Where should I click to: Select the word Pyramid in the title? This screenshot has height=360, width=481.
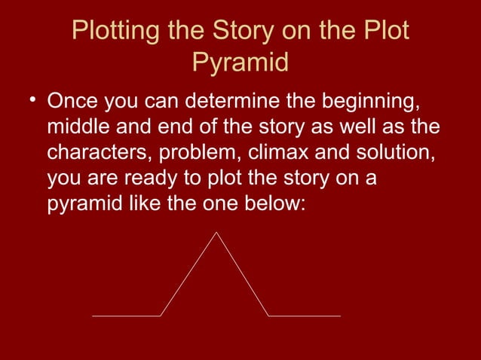(x=240, y=63)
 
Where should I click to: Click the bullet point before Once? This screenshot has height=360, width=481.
(x=32, y=101)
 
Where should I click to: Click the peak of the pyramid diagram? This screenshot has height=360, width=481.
(x=216, y=233)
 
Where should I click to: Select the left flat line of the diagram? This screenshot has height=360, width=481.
(x=126, y=316)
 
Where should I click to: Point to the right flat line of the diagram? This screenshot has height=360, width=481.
(x=305, y=316)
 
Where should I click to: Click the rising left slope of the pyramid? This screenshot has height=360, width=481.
(x=188, y=275)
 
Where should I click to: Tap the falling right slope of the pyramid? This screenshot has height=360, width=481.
(x=243, y=275)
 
